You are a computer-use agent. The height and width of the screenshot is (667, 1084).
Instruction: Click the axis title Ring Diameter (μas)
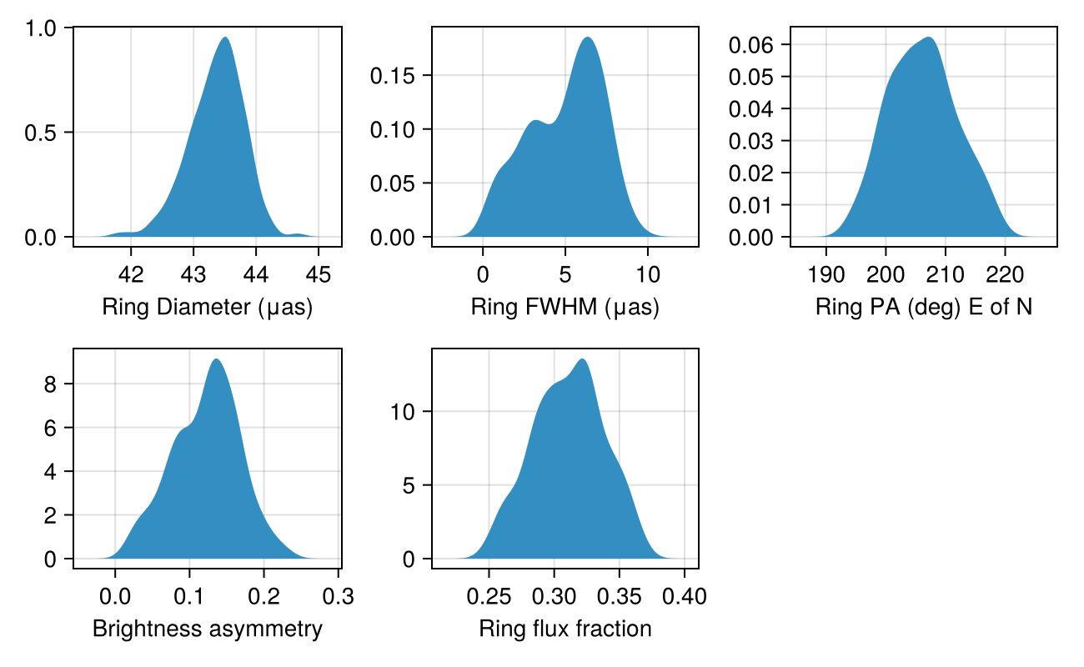[207, 308]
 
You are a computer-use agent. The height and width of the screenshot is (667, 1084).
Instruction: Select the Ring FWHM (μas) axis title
[565, 308]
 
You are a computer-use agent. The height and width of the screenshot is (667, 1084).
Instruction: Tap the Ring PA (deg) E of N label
[923, 308]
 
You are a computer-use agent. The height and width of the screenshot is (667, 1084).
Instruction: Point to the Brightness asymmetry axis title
[207, 629]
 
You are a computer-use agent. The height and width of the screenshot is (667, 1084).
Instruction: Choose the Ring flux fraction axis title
[565, 629]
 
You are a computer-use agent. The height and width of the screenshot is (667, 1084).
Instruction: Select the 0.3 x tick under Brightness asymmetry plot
[339, 596]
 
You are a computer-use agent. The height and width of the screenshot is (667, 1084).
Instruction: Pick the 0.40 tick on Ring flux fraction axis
[685, 596]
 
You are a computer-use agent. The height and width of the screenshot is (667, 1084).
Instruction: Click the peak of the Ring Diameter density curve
[225, 38]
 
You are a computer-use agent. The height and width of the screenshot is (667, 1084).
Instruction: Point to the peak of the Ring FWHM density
[588, 38]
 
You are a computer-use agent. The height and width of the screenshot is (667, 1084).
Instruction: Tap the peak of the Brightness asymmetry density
[216, 359]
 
